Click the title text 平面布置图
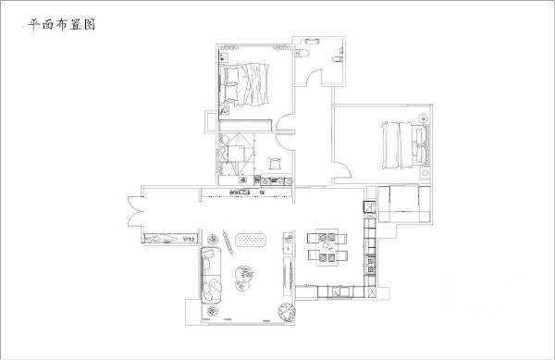click(62, 25)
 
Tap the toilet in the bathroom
click(302, 53)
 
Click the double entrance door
click(135, 211)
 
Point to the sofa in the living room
click(211, 275)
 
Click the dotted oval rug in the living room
click(251, 240)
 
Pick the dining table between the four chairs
click(327, 247)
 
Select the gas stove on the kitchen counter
click(371, 266)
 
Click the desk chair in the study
click(275, 163)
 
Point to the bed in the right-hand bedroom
click(405, 145)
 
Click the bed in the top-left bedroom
click(244, 84)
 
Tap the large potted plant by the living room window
click(287, 312)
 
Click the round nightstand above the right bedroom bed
click(424, 118)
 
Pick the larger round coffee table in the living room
click(244, 273)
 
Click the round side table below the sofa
click(212, 312)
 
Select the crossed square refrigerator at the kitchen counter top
click(369, 206)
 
